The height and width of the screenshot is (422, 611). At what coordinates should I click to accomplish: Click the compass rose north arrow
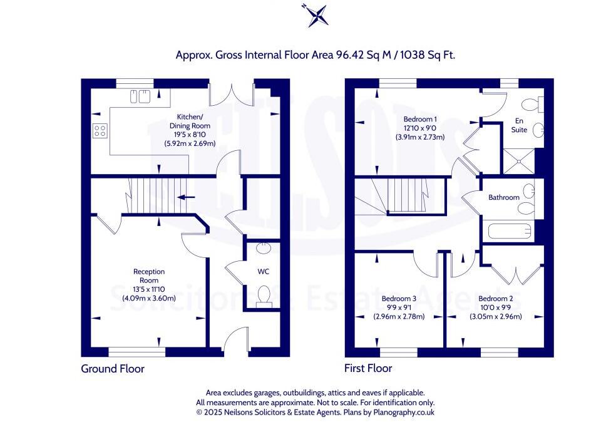316,15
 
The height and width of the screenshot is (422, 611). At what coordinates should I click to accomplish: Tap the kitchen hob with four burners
100,130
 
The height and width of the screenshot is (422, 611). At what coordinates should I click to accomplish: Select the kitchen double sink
140,96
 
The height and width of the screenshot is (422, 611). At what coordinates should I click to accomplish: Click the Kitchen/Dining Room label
190,121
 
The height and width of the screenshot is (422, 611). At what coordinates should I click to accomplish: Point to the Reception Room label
149,276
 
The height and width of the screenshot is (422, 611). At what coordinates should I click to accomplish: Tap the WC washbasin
264,248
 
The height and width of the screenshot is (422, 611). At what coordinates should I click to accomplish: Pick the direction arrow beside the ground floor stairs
187,197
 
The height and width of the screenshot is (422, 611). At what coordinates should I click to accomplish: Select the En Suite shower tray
518,161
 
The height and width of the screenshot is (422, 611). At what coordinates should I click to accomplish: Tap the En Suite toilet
532,104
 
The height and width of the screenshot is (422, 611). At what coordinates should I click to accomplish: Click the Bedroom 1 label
420,119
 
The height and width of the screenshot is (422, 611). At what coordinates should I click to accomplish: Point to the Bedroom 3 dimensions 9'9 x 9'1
399,307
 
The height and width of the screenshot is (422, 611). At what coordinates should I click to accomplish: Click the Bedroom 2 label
495,299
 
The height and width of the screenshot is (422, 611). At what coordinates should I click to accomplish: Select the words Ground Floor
113,369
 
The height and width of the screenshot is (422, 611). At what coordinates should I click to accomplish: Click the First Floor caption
368,368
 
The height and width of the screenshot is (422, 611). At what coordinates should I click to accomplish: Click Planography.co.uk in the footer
404,412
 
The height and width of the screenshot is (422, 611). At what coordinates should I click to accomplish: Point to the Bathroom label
504,198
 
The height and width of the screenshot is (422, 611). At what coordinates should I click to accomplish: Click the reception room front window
136,353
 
